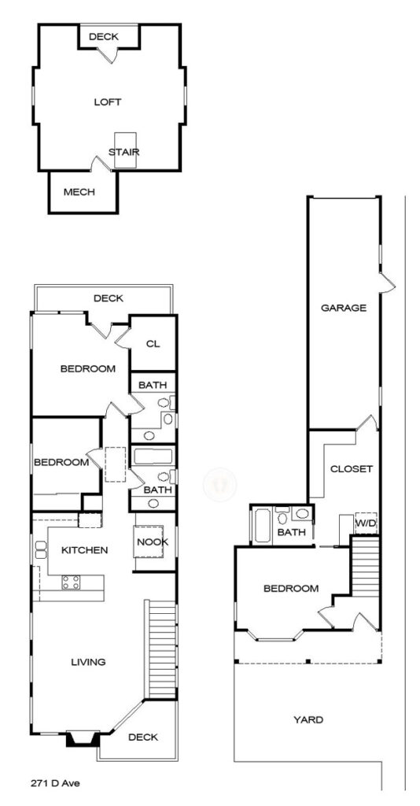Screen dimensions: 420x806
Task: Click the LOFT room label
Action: pyautogui.click(x=107, y=102)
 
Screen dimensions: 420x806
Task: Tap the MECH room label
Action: pyautogui.click(x=79, y=192)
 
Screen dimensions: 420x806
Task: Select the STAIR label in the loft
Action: pyautogui.click(x=123, y=152)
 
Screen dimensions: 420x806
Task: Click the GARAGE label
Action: pyautogui.click(x=344, y=308)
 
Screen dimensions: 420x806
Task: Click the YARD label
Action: pyautogui.click(x=308, y=719)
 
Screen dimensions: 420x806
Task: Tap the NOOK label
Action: pyautogui.click(x=153, y=542)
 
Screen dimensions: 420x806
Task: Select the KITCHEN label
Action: pyautogui.click(x=85, y=550)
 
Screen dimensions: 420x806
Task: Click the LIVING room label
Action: pyautogui.click(x=88, y=661)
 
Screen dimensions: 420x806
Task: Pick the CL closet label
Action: pyautogui.click(x=153, y=344)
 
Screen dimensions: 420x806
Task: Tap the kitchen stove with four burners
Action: pyautogui.click(x=71, y=582)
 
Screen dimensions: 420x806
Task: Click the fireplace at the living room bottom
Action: pyautogui.click(x=83, y=738)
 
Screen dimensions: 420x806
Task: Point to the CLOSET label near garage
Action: pyautogui.click(x=352, y=469)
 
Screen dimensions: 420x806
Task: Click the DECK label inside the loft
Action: pyautogui.click(x=103, y=36)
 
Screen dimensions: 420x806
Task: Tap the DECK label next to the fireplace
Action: pyautogui.click(x=142, y=737)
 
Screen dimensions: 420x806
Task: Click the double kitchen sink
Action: pyautogui.click(x=41, y=549)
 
